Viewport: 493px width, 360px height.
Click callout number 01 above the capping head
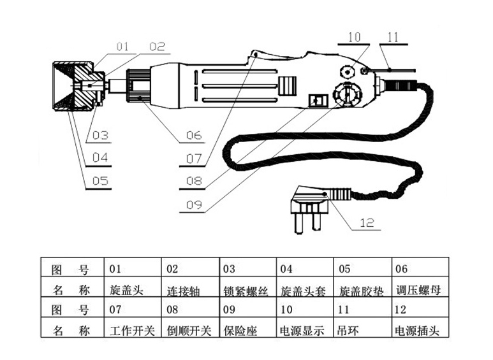122,46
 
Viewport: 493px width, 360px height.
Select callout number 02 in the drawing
157,46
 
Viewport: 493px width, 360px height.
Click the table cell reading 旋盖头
126,290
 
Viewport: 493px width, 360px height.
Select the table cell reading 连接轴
184,291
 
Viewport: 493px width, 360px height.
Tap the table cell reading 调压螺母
416,290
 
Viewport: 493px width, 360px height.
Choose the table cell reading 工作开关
132,330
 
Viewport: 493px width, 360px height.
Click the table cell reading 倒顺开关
189,330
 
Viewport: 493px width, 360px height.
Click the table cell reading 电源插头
416,330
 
